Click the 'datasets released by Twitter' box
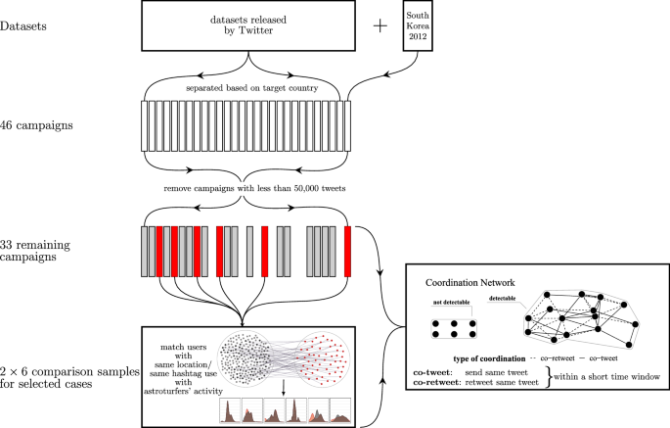(x=248, y=25)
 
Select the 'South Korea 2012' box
(x=418, y=25)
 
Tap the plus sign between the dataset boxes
(x=380, y=26)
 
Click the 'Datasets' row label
(x=23, y=26)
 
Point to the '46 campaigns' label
(x=36, y=125)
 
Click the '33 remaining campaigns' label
(x=35, y=251)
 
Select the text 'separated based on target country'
(x=252, y=88)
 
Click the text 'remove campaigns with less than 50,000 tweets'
(x=254, y=188)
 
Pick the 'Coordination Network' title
(x=470, y=282)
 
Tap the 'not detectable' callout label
(x=451, y=303)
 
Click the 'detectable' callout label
(x=502, y=299)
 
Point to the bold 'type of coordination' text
(x=489, y=358)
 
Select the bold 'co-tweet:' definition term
(x=433, y=372)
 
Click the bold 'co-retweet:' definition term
(x=437, y=382)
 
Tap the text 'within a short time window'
(x=606, y=377)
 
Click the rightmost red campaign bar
(x=347, y=252)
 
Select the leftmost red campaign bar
(x=159, y=252)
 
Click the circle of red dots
(x=324, y=358)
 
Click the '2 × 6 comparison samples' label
(x=69, y=372)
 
